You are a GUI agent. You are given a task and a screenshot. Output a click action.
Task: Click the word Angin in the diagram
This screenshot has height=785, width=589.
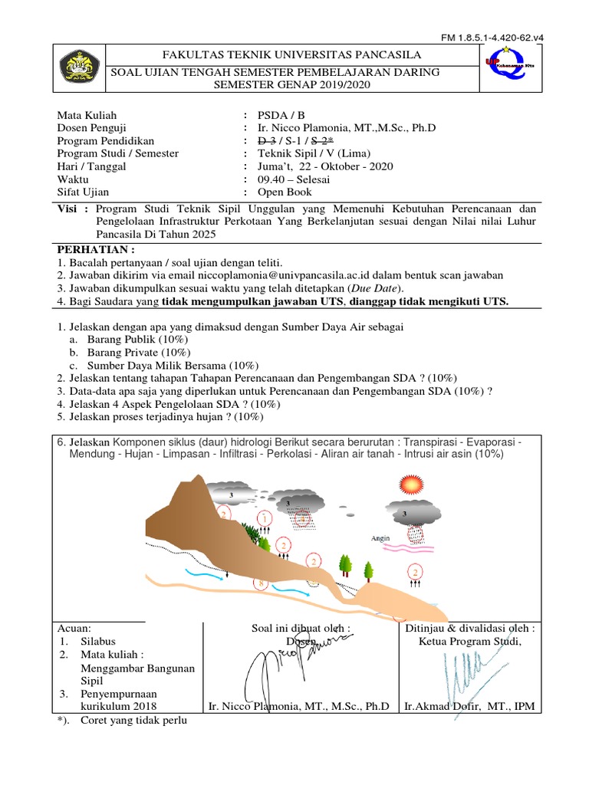click(380, 537)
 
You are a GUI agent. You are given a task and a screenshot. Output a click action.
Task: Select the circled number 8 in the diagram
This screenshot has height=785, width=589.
click(261, 584)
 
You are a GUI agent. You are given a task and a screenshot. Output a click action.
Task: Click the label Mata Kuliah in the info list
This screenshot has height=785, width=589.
click(84, 114)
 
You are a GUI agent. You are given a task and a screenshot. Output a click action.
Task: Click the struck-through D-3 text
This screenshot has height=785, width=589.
click(267, 140)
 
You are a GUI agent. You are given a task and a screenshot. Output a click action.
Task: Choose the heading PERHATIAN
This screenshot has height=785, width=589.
click(97, 249)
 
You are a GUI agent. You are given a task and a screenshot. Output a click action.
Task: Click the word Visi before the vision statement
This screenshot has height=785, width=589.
click(70, 209)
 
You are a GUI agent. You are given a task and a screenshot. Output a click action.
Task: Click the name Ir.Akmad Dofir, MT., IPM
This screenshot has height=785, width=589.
click(470, 706)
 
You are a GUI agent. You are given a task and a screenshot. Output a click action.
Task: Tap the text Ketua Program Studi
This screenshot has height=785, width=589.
click(470, 641)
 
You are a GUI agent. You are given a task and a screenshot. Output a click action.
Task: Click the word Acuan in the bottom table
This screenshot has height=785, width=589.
click(74, 628)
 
